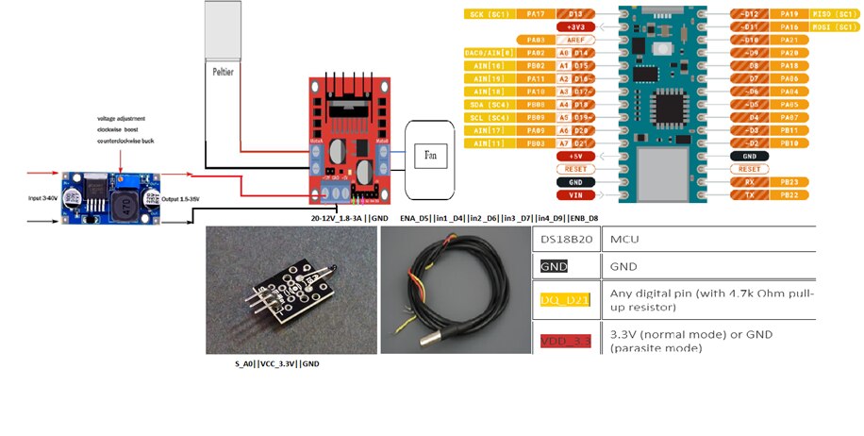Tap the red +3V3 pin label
pos(574,26)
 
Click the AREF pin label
pos(574,40)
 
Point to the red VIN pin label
pos(574,195)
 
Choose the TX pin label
pos(750,194)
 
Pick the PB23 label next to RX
pos(792,181)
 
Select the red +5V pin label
pos(574,156)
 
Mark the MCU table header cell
pos(624,242)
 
